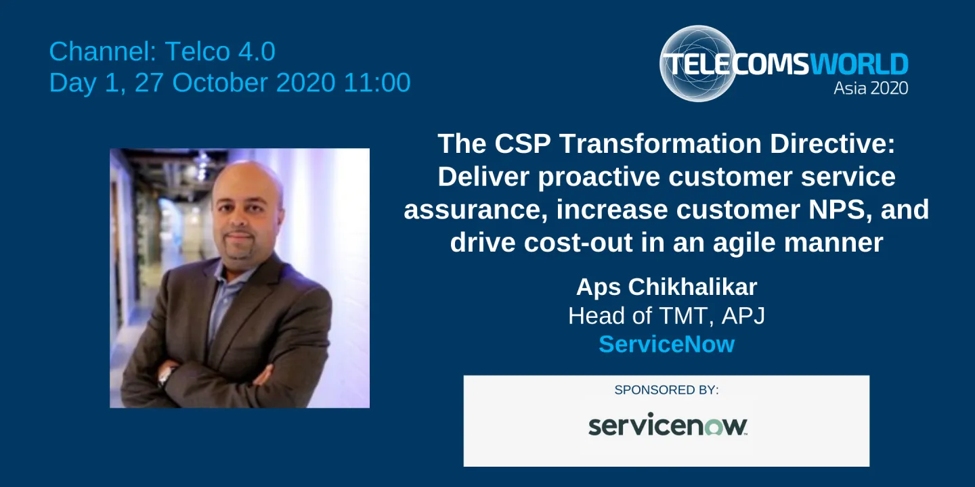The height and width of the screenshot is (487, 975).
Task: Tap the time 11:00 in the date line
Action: pos(377,83)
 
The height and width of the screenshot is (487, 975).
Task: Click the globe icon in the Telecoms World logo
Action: pos(697,63)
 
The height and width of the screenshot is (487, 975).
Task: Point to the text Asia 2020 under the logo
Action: pos(871,88)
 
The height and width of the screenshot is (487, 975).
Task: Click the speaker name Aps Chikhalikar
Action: pos(666,287)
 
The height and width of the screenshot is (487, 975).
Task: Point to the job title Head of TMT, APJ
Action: pos(666,316)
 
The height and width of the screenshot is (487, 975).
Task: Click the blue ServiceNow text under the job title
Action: pos(666,344)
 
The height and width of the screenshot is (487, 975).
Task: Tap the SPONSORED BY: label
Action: pos(666,390)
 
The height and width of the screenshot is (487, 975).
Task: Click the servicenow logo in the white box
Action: pos(667,425)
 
